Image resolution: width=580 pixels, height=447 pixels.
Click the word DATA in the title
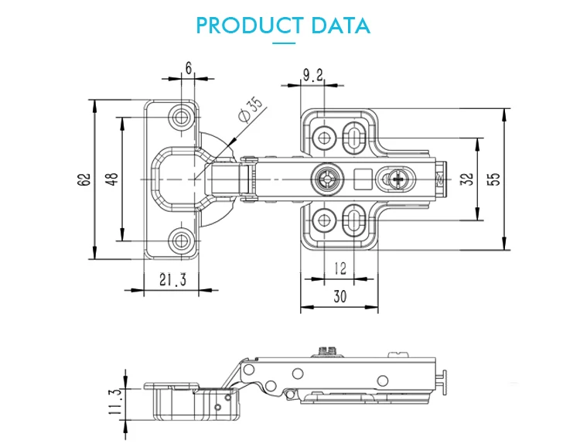click(340, 25)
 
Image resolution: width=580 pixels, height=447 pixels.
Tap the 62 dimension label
click(84, 179)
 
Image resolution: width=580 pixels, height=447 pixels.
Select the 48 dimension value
click(112, 179)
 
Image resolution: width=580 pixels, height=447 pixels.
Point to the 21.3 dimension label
click(172, 281)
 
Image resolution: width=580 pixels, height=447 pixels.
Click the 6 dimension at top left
click(188, 68)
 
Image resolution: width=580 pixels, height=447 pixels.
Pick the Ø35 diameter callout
click(252, 109)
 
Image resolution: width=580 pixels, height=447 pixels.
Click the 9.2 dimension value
click(313, 76)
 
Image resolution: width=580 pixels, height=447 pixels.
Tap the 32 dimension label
click(466, 179)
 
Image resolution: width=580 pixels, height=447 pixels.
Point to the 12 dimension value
click(339, 268)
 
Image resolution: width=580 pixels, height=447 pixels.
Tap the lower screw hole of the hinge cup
click(183, 240)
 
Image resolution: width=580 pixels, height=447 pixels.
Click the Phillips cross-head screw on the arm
click(399, 180)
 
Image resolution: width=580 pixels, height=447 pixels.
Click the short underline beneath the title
click(285, 45)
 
